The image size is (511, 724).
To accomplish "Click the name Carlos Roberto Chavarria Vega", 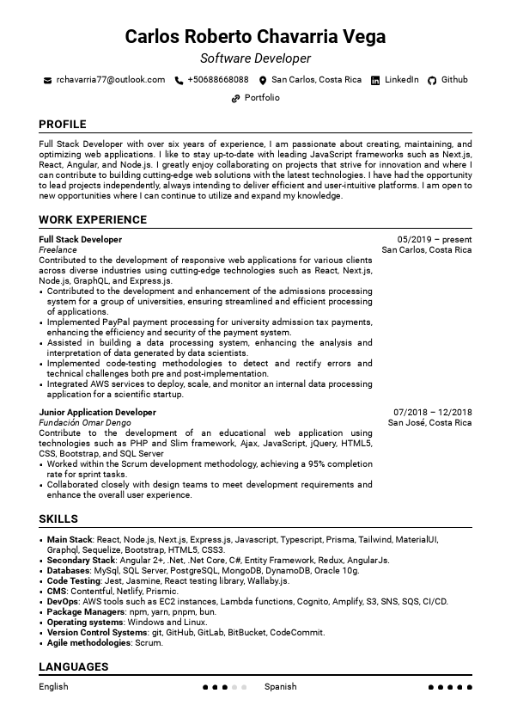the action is (x=255, y=36).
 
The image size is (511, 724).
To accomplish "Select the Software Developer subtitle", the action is (x=255, y=58).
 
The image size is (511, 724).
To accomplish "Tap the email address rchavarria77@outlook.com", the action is (x=110, y=80).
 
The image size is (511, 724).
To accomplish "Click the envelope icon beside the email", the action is (x=47, y=80).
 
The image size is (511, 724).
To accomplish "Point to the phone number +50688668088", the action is (x=217, y=80).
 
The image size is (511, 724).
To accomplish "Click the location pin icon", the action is (x=263, y=80).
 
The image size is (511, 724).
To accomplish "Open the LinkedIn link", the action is (x=401, y=80).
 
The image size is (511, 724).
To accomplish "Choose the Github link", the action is (x=454, y=80).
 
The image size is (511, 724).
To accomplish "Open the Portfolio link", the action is (x=262, y=98).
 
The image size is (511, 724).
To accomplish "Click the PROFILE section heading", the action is (x=63, y=124).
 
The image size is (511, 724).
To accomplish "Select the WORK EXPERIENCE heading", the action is (x=93, y=220).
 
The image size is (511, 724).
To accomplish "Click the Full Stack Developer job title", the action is (x=81, y=240).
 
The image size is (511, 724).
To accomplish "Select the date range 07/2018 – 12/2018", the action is (x=433, y=413).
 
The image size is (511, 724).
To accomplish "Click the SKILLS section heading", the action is (x=58, y=519).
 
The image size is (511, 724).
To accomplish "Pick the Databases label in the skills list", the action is (x=68, y=571).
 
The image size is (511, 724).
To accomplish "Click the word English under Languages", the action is (x=53, y=687).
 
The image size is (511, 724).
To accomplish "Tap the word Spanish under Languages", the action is (x=281, y=687).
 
